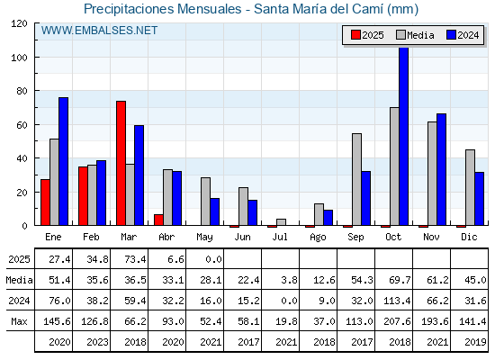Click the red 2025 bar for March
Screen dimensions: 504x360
[x=121, y=163]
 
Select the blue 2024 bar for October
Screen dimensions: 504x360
[x=404, y=136]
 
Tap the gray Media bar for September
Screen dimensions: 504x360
[x=356, y=179]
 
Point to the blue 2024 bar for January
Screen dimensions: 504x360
[x=63, y=161]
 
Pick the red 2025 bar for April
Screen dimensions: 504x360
[x=158, y=220]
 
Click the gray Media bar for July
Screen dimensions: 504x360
[x=281, y=222]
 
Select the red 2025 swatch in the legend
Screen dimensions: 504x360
[x=355, y=35]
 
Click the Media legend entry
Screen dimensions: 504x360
[x=415, y=35]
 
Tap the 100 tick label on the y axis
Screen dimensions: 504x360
[x=19, y=58]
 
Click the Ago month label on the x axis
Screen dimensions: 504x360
[x=319, y=238]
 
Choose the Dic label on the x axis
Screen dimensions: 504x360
[x=469, y=237]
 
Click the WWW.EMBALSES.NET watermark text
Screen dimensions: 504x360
[x=99, y=31]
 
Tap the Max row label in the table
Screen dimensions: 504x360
[x=19, y=321]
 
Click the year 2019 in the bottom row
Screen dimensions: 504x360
[x=475, y=342]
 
